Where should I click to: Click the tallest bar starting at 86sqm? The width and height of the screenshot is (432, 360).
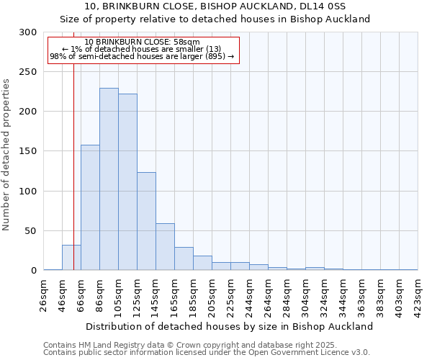tap(109, 179)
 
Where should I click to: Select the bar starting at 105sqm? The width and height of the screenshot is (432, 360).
tap(127, 182)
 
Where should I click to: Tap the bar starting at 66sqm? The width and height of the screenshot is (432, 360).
tap(90, 207)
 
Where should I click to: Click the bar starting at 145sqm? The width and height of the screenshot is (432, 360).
tap(165, 247)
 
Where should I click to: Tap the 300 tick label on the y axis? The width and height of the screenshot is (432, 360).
tap(28, 32)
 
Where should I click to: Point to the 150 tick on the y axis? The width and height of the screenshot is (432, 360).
tap(28, 152)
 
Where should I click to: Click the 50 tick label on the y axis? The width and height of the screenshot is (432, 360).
tap(31, 231)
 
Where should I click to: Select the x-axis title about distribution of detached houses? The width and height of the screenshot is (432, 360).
tap(230, 326)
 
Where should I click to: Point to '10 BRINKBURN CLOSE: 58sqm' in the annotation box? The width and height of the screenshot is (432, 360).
tap(142, 42)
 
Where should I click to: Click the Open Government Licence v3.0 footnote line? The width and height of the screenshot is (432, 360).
tap(206, 353)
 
